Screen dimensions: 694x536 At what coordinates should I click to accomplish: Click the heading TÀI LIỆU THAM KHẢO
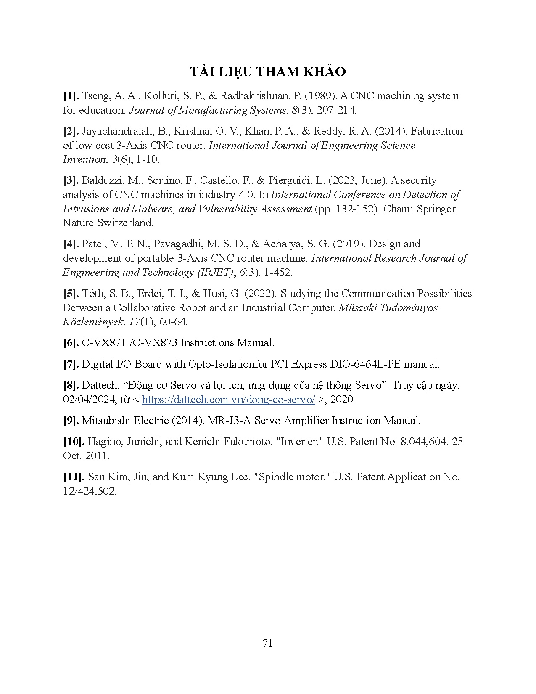point(268,72)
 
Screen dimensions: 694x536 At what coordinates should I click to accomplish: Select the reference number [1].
point(71,96)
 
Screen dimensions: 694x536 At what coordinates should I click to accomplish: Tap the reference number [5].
point(71,294)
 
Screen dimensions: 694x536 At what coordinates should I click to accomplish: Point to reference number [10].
point(74,442)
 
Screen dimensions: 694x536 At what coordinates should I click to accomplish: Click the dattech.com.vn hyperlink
point(228,400)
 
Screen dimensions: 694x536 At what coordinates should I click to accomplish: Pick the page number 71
point(268,643)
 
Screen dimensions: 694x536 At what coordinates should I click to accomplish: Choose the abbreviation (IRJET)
point(215,273)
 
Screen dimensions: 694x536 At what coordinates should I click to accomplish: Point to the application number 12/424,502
point(89,491)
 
